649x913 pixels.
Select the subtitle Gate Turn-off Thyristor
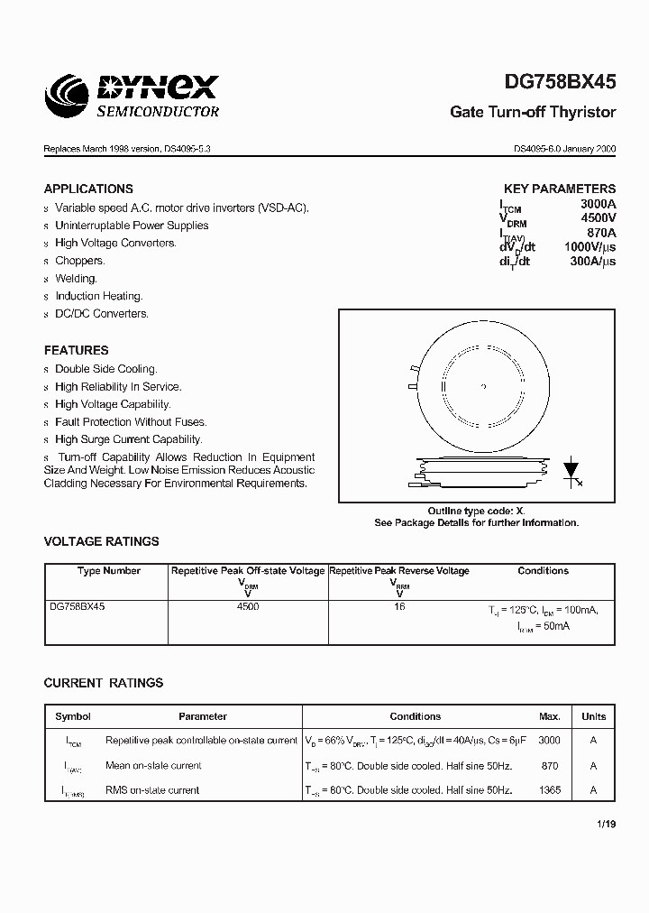[x=533, y=113]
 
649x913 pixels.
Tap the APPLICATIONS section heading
[x=88, y=189]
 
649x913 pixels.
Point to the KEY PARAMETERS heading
[x=560, y=189]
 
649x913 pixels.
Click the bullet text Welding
[x=76, y=279]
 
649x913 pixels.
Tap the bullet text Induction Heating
[x=98, y=296]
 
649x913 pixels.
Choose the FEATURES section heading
[x=76, y=350]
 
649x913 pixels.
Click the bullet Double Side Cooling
[x=105, y=369]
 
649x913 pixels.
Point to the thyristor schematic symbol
[x=571, y=473]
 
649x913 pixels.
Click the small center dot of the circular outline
[x=484, y=387]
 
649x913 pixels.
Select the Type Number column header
[x=108, y=571]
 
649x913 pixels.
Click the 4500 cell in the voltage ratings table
[x=247, y=607]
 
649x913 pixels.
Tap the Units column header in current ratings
[x=593, y=716]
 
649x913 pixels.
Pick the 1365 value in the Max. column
[x=550, y=790]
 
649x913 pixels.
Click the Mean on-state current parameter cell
[x=153, y=765]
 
